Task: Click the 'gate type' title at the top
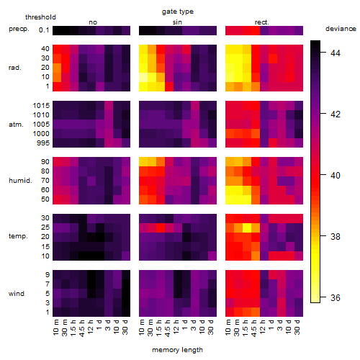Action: click(x=178, y=12)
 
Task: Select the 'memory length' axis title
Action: click(x=177, y=350)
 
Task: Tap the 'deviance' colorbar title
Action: click(x=341, y=29)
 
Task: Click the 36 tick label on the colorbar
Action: click(x=336, y=297)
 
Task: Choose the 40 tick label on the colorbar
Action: click(x=336, y=175)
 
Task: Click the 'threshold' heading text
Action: click(x=40, y=17)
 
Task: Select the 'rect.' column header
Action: click(x=261, y=22)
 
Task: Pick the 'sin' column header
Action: click(x=177, y=22)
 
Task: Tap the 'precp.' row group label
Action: click(x=19, y=29)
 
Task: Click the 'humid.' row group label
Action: click(x=20, y=181)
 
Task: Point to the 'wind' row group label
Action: click(x=17, y=294)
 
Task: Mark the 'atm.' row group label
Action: click(x=16, y=125)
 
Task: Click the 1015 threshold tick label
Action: click(x=41, y=106)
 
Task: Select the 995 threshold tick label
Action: click(x=43, y=143)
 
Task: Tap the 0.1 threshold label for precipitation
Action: click(x=44, y=30)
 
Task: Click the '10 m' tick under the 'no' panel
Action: click(x=56, y=327)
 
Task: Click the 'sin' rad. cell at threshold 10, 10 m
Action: click(x=143, y=77)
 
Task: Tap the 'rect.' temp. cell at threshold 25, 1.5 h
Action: click(x=247, y=228)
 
